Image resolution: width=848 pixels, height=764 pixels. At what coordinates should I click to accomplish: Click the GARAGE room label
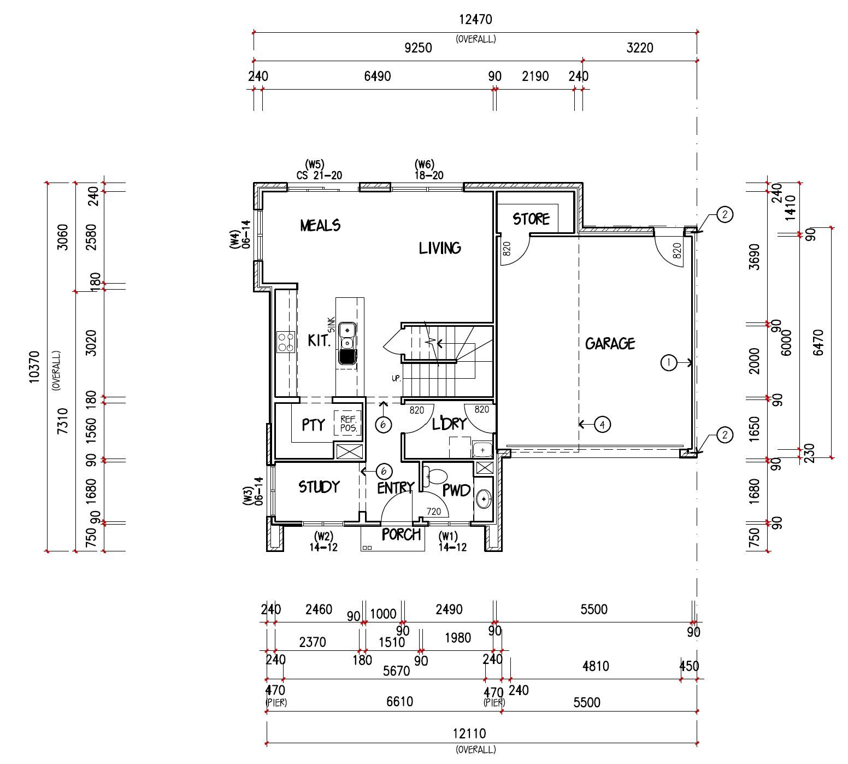point(610,343)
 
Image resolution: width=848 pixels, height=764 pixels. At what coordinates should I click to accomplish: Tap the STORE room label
point(531,219)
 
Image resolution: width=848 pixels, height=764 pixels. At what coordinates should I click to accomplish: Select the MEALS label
point(320,225)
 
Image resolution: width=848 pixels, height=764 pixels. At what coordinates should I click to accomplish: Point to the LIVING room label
point(440,248)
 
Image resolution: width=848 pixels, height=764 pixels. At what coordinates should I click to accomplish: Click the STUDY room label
point(319,486)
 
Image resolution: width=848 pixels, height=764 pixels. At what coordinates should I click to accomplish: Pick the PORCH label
point(401,534)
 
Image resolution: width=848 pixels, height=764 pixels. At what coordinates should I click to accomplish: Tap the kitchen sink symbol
point(348,343)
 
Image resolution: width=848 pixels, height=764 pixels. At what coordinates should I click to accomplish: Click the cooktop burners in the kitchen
point(286,342)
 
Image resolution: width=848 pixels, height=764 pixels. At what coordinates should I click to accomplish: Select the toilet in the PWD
point(436,477)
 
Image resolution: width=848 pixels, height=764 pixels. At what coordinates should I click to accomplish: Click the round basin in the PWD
point(483,498)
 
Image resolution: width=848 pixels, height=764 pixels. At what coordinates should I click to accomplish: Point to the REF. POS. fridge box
point(348,424)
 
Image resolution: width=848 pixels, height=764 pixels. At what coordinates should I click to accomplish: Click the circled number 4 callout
point(602,424)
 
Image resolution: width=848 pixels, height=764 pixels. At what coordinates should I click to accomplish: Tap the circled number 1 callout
point(669,362)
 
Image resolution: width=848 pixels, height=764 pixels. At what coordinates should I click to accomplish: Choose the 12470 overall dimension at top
point(475,20)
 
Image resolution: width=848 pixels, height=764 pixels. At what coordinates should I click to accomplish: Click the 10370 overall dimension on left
point(34,367)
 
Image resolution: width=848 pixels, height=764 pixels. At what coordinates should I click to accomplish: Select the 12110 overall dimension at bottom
point(469,733)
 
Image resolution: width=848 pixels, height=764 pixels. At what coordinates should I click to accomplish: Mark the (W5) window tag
point(315,164)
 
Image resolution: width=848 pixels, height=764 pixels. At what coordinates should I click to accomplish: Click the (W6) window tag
point(425,164)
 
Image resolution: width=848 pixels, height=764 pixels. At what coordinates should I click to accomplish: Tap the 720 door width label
point(434,512)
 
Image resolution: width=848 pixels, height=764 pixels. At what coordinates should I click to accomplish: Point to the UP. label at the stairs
point(396,378)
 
